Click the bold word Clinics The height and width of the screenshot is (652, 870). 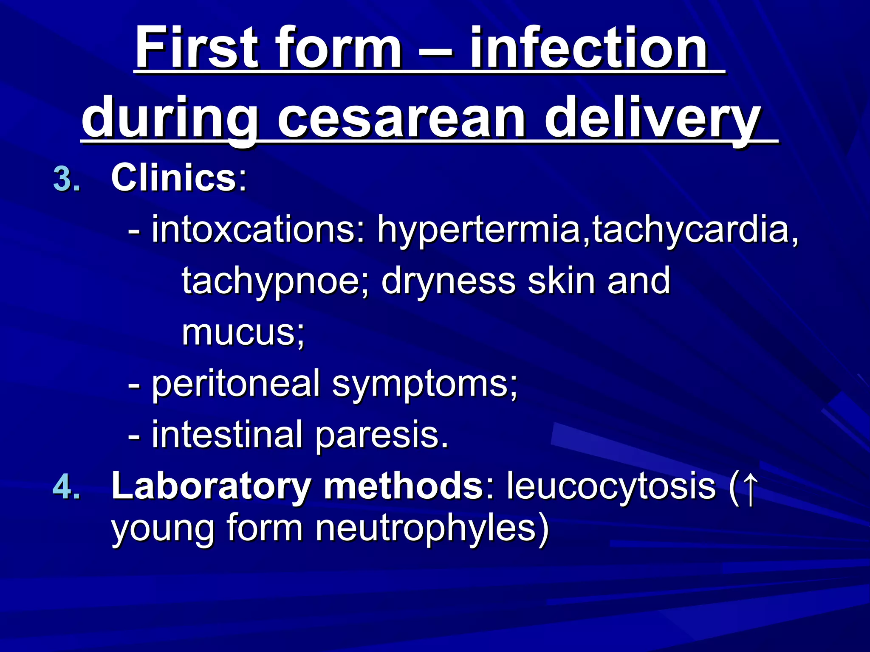[173, 178]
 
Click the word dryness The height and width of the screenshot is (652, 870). [448, 281]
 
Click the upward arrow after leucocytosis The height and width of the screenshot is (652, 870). [750, 486]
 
